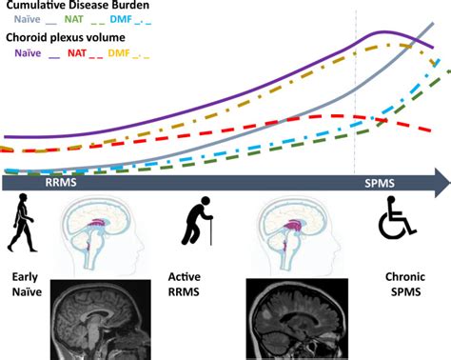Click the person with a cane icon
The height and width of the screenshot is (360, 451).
pyautogui.click(x=197, y=228)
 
